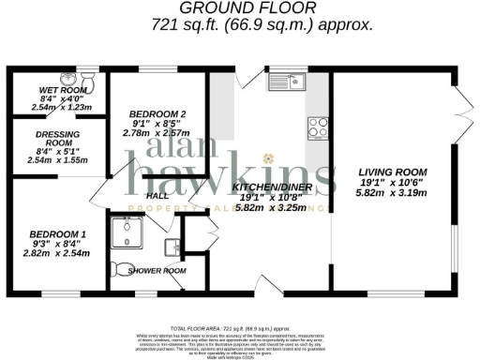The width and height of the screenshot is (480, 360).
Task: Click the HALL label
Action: (x=156, y=196)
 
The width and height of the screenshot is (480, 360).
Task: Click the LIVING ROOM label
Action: (x=392, y=172)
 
